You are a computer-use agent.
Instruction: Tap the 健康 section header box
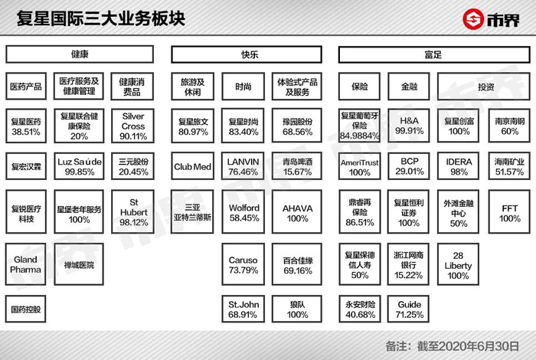click(x=80, y=54)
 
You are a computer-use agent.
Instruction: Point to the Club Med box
click(x=192, y=167)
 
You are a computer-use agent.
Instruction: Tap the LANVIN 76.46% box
click(x=243, y=167)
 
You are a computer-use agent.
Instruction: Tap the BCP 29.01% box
click(x=407, y=167)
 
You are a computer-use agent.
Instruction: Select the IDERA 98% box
click(x=459, y=167)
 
